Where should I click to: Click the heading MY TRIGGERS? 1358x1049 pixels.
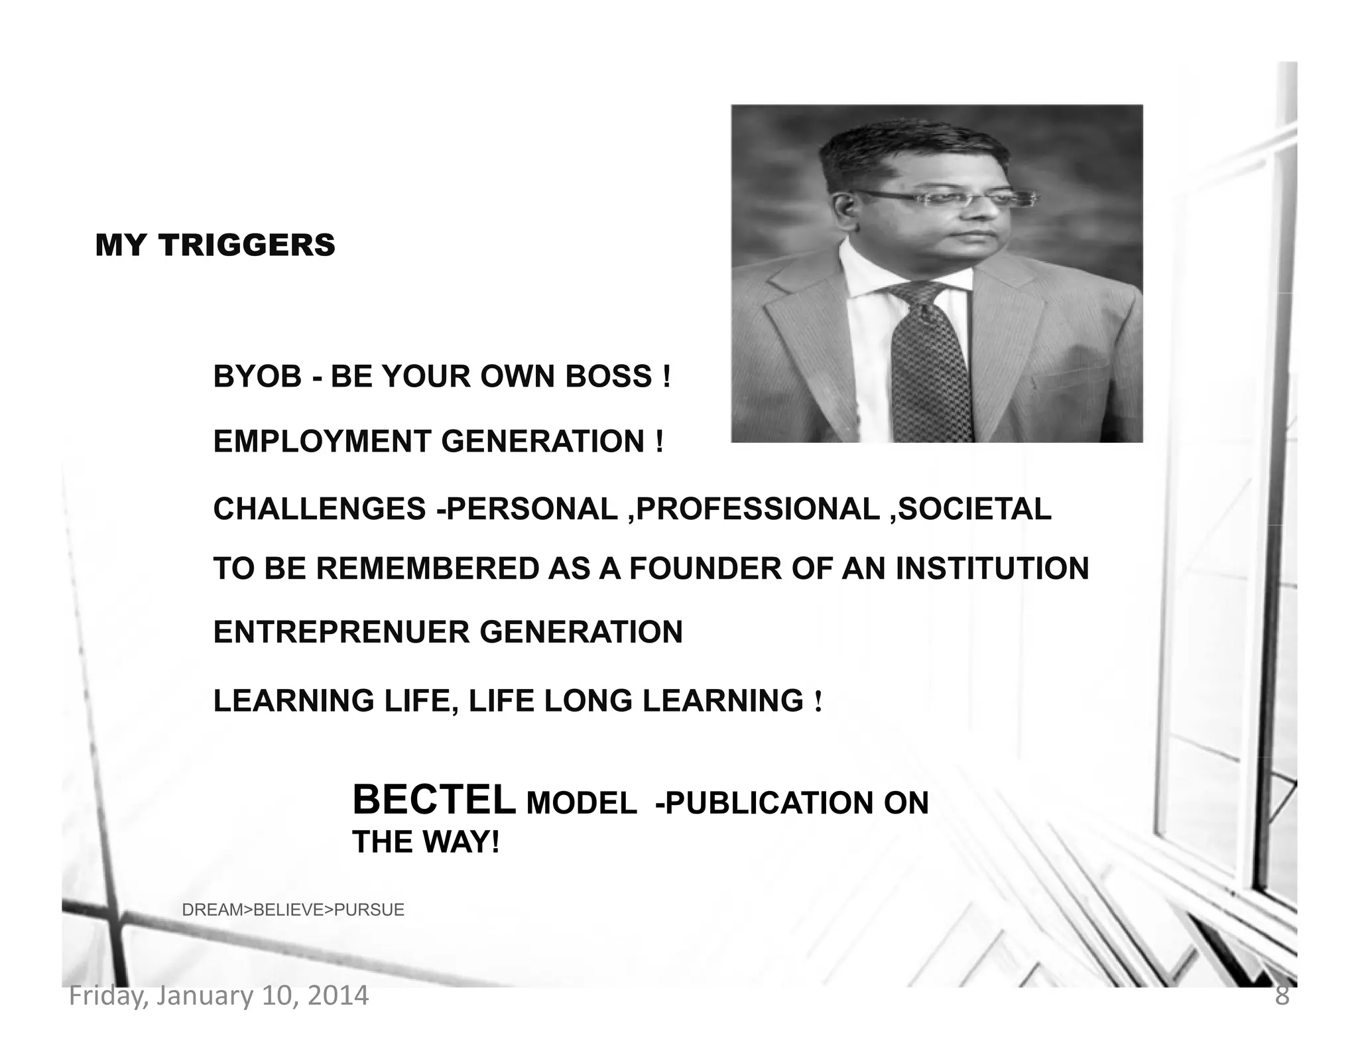215,245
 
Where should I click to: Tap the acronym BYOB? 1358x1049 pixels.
257,377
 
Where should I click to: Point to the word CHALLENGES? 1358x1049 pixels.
319,509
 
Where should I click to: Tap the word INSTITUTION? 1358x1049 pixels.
992,569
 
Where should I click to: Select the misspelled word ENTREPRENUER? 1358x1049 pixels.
341,632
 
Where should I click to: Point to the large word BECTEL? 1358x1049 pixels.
434,800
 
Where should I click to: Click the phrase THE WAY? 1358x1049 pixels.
425,842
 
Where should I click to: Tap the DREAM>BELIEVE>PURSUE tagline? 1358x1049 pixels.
293,910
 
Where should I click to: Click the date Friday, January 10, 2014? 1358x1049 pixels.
219,996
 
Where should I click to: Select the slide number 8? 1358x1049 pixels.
1282,996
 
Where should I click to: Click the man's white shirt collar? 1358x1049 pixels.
862,272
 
